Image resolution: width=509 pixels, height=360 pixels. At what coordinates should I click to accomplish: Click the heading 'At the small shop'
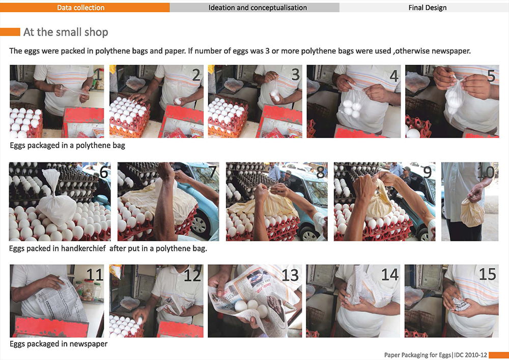pos(66,32)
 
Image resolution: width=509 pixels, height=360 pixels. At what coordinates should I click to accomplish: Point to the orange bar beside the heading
pos(10,32)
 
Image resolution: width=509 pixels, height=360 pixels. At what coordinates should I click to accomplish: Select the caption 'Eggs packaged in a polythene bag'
pos(68,146)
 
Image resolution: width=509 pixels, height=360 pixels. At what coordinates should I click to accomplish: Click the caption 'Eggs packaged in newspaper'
pos(59,344)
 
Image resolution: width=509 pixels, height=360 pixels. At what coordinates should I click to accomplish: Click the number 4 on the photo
pos(394,76)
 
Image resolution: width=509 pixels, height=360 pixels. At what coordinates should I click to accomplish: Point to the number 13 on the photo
pos(290,275)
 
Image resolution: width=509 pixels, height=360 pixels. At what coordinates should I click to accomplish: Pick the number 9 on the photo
pos(427,173)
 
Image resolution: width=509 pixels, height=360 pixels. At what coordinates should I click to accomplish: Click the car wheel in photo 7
pos(199,225)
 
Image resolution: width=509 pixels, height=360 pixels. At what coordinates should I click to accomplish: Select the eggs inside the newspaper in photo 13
pos(252,308)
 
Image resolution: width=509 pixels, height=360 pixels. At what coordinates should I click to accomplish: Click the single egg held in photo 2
pos(178,101)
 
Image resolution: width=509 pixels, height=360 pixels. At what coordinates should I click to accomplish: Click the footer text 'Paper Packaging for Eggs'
pos(418,355)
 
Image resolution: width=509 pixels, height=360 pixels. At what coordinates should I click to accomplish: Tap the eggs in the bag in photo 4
pos(352,108)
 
